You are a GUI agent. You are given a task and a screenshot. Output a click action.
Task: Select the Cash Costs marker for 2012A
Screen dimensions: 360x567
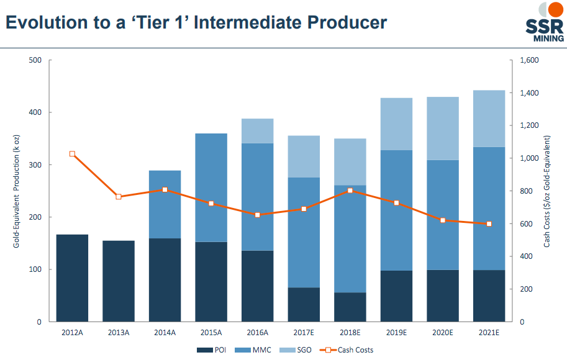(72, 154)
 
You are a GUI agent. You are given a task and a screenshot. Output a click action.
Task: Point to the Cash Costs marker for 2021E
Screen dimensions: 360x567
(489, 223)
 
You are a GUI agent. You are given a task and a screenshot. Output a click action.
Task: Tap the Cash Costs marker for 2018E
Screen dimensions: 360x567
(350, 191)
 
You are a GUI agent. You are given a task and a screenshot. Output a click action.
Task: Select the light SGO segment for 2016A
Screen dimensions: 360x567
(257, 131)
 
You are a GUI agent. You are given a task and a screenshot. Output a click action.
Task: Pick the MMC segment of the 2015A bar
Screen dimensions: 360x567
(211, 187)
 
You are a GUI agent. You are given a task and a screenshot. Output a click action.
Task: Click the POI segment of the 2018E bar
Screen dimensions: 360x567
(350, 307)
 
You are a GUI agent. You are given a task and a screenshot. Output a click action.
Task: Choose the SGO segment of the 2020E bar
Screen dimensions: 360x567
(443, 128)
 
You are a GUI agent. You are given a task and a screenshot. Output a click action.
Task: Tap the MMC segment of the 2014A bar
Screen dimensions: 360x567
(165, 204)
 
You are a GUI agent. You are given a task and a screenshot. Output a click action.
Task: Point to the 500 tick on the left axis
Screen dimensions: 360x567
(34, 60)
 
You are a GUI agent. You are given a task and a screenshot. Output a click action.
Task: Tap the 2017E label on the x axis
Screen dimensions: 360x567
(304, 333)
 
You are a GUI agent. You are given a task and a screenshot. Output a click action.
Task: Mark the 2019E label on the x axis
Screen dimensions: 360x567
(396, 333)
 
